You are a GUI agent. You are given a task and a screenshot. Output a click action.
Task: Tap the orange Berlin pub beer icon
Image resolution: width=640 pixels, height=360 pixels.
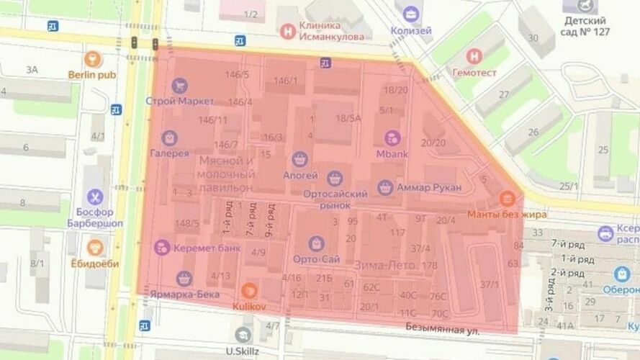[91, 58]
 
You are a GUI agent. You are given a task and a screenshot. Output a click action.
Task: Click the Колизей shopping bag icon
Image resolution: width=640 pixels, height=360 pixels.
[410, 14]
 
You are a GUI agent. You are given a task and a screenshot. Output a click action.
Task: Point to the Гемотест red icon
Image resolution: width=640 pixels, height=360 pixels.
[474, 56]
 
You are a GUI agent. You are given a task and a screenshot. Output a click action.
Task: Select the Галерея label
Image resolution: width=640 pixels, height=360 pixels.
[169, 153]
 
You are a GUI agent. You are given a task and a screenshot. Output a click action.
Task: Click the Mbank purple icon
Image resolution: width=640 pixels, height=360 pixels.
[392, 137]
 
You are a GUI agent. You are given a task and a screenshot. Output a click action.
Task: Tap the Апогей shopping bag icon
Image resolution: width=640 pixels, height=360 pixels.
[299, 158]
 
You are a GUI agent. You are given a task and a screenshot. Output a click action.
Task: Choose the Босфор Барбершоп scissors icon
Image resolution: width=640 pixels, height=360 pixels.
[94, 197]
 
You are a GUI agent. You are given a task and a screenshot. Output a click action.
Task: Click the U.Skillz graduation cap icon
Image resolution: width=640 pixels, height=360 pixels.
[243, 334]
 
